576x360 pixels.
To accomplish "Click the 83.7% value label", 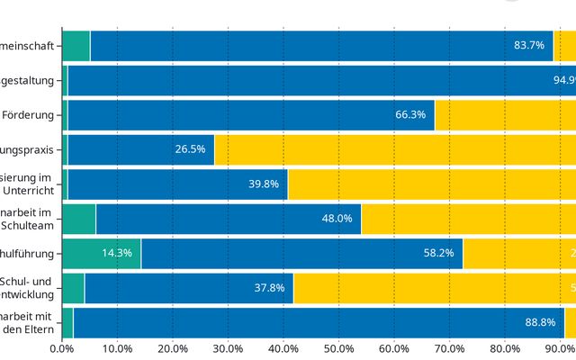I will coord(529,45).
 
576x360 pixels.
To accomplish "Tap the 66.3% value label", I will coord(410,114).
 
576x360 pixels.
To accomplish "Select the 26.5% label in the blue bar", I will coord(190,149).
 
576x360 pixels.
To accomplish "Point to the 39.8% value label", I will coord(264,184).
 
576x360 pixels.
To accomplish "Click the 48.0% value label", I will coord(337,219).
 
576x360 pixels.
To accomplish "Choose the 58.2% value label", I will coord(439,253).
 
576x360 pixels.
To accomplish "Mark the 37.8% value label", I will coord(269,288).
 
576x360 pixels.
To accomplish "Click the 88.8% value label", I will coord(541,322).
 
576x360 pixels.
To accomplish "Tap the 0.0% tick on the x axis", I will coord(61,348).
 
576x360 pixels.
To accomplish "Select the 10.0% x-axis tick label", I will coord(117,348).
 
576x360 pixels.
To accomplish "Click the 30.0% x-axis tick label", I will coord(228,348).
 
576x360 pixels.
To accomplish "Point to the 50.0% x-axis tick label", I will coord(338,348).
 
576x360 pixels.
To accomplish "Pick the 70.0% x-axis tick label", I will coord(449,348).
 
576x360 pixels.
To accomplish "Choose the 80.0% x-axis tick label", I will coord(505,348).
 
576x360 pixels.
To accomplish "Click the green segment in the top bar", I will coord(76,45).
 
